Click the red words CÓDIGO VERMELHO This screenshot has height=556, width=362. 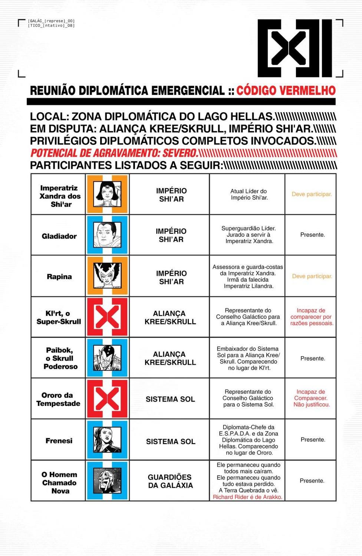[x=286, y=90]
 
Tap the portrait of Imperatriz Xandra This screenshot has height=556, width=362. [x=107, y=194]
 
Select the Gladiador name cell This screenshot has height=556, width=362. [x=59, y=236]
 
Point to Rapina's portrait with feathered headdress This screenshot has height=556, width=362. [x=107, y=276]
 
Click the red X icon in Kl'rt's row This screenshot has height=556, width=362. [x=107, y=317]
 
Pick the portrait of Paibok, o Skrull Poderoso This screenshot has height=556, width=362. [x=107, y=358]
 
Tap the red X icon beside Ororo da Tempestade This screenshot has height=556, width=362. [x=107, y=399]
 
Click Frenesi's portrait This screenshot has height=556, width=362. [x=107, y=440]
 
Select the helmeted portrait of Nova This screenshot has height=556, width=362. [x=107, y=480]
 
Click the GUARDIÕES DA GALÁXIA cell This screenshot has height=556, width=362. [x=170, y=481]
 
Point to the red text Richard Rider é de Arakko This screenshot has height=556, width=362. [x=247, y=497]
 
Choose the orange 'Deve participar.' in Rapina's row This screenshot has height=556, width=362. [x=312, y=276]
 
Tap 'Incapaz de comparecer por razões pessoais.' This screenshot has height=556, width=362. [x=312, y=317]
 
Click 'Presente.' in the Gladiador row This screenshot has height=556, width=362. [x=312, y=235]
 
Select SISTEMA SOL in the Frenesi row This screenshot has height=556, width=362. [x=170, y=441]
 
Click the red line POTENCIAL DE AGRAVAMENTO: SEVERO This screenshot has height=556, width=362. [x=114, y=153]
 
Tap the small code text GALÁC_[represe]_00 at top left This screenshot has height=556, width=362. [x=51, y=21]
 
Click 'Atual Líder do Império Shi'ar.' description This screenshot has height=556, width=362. [x=249, y=194]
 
